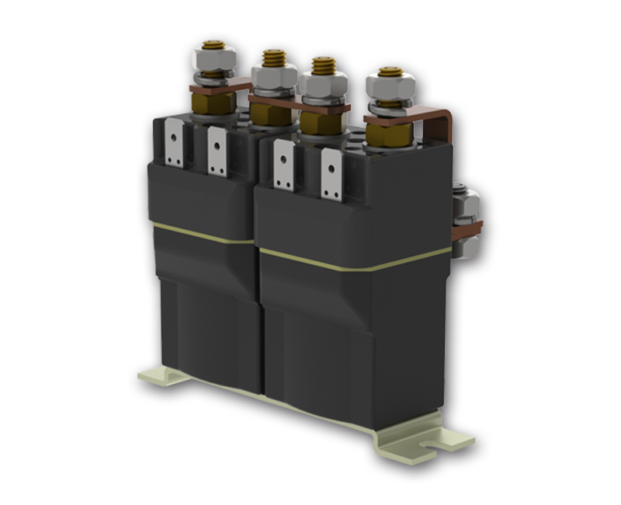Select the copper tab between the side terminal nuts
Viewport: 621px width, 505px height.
click(x=470, y=228)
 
